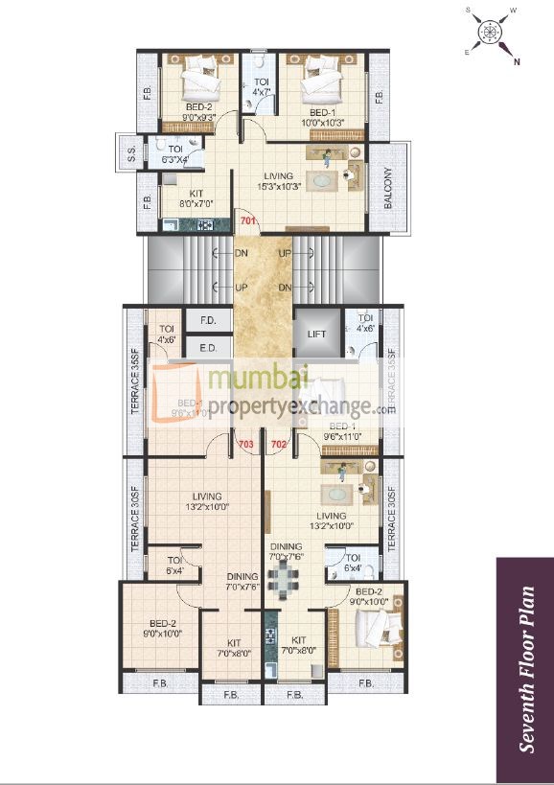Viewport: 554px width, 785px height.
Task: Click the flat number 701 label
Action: pyautogui.click(x=249, y=222)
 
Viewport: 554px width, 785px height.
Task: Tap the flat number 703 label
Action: pyautogui.click(x=245, y=444)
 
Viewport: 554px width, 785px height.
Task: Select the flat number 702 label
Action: pyautogui.click(x=279, y=444)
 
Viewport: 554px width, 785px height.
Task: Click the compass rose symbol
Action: pyautogui.click(x=492, y=32)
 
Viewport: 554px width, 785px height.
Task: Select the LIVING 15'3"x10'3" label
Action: pyautogui.click(x=277, y=181)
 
